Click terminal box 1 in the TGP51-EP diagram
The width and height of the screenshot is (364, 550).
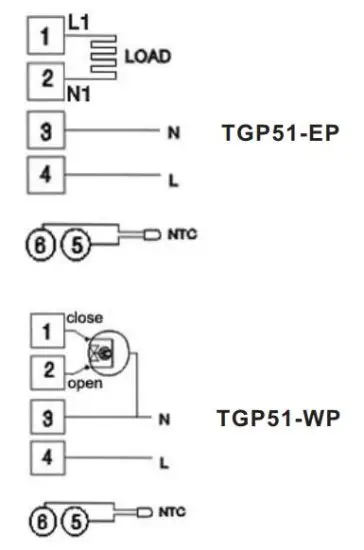(x=44, y=38)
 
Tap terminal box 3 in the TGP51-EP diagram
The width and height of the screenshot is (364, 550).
(x=44, y=131)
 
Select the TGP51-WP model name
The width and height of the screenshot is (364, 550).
(x=277, y=417)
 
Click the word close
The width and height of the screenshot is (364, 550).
(x=84, y=317)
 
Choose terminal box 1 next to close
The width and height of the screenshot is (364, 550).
(x=44, y=328)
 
